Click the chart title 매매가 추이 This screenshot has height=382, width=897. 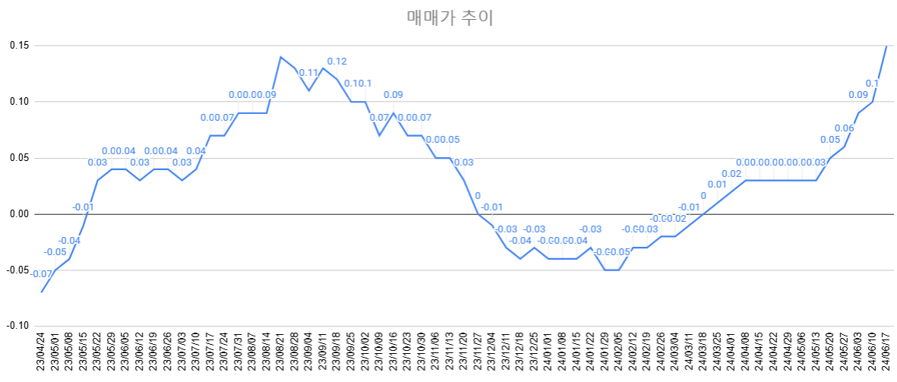[450, 17]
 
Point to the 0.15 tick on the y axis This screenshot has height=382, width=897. [19, 46]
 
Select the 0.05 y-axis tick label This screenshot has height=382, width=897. [19, 158]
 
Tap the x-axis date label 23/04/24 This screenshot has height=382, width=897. [42, 354]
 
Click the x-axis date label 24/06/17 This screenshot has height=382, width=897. [886, 354]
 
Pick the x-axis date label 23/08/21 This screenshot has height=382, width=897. [281, 354]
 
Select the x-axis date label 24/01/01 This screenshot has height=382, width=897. [548, 354]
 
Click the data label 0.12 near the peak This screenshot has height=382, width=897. [336, 62]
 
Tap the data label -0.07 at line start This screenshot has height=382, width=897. [42, 274]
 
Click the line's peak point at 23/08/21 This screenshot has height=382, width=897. [280, 57]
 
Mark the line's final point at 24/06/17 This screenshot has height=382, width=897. [886, 46]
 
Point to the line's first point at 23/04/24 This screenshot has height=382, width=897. [42, 292]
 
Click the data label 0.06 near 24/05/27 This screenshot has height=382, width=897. [844, 128]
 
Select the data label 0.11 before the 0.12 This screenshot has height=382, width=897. [308, 73]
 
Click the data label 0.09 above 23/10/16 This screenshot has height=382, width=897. [393, 95]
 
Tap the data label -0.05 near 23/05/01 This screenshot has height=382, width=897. [55, 252]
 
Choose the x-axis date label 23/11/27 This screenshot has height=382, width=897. [478, 354]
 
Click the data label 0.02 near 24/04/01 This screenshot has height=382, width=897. [731, 174]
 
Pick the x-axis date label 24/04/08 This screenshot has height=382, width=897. [746, 354]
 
